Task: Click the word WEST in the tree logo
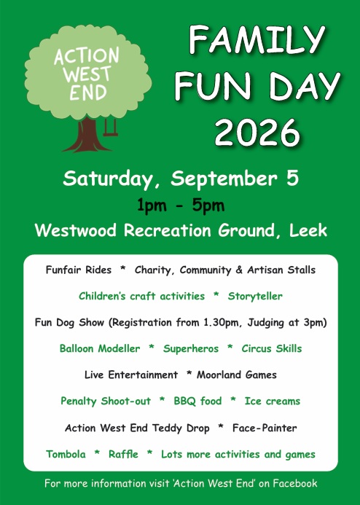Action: [x=87, y=74]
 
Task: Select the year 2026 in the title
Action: [x=257, y=133]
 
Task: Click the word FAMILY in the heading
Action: [x=257, y=39]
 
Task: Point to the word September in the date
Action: [x=224, y=179]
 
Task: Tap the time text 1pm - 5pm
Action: [x=181, y=205]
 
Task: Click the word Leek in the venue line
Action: [x=308, y=230]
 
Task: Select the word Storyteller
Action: [x=255, y=297]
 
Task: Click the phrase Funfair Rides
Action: [x=79, y=270]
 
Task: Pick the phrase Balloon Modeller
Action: [x=100, y=348]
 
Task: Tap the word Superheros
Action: [x=191, y=349]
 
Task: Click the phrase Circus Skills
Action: [x=272, y=348]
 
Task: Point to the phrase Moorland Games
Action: [x=237, y=375]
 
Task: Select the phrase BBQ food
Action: [x=197, y=401]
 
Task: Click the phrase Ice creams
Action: [x=273, y=401]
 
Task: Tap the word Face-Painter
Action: [x=265, y=428]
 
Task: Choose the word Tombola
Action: [x=66, y=454]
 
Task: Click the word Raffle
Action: [x=123, y=454]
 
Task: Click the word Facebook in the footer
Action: [x=295, y=483]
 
